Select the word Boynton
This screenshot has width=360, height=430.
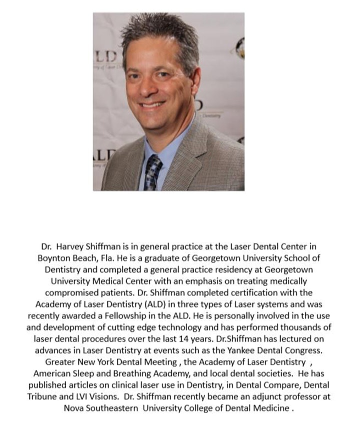coord(54,258)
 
